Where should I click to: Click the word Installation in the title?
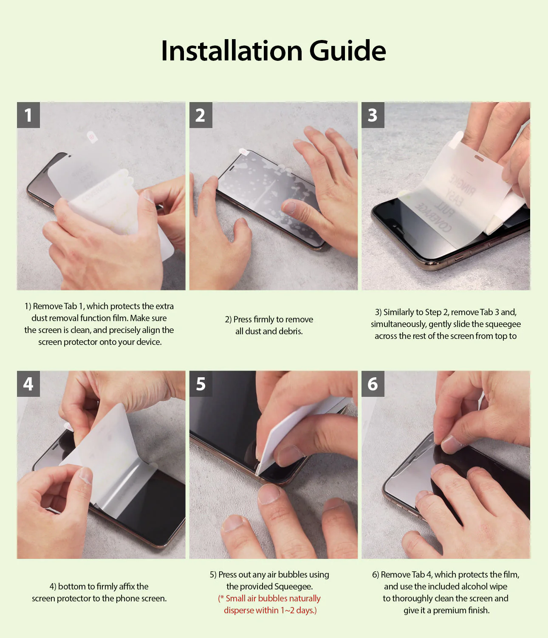pyautogui.click(x=232, y=51)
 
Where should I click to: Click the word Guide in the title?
pyautogui.click(x=347, y=51)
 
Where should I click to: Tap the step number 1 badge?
pyautogui.click(x=28, y=115)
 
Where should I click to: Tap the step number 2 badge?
pyautogui.click(x=201, y=115)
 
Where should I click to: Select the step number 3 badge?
pyautogui.click(x=373, y=115)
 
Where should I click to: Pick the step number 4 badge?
pyautogui.click(x=28, y=384)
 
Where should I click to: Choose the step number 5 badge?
pyautogui.click(x=201, y=384)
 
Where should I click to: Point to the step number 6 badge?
pyautogui.click(x=373, y=384)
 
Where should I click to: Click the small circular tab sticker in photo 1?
pyautogui.click(x=92, y=137)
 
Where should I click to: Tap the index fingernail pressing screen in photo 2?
pyautogui.click(x=289, y=207)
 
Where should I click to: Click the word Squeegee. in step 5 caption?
pyautogui.click(x=294, y=587)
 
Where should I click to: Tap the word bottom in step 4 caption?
pyautogui.click(x=71, y=587)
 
